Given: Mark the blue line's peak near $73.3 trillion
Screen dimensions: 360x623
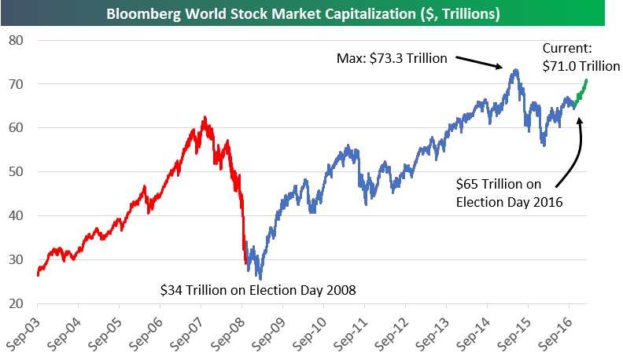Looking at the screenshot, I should (514, 70).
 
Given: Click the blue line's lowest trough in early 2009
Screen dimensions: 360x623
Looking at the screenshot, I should (260, 278).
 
